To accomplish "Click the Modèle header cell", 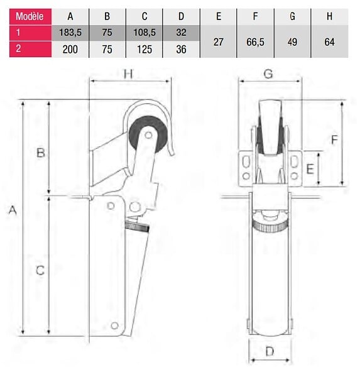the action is [30, 16].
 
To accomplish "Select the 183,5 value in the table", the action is [70, 33].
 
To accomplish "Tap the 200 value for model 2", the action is [70, 49].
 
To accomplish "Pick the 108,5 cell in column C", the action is [145, 33].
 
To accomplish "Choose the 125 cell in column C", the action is [145, 49].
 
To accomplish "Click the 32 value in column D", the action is [181, 33].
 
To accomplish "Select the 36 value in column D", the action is [181, 49].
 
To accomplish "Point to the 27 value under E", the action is [219, 42].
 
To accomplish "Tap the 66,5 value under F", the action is [255, 42].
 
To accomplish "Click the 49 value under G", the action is [292, 42].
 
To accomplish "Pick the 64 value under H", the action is [329, 42].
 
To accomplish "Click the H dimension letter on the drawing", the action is [128, 74].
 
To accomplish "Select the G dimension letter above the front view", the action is [268, 74].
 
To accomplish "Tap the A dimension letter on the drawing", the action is [13, 210].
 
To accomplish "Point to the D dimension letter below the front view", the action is [270, 351].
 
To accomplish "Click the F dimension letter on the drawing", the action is [334, 139].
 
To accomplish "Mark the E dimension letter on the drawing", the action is [310, 169].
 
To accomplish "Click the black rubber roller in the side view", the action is [148, 135].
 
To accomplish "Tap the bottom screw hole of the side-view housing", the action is [114, 325].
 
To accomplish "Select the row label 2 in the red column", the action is [18, 49].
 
